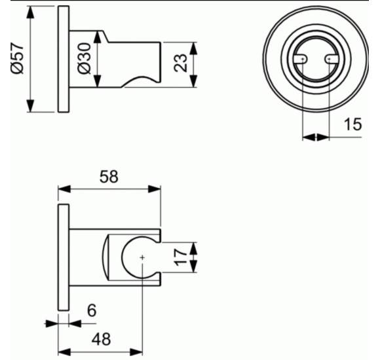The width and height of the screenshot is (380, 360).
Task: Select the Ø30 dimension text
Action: (84, 61)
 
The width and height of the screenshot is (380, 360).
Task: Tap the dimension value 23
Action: (181, 63)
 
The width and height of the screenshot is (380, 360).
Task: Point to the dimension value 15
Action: (352, 124)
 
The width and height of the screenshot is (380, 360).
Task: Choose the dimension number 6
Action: (92, 310)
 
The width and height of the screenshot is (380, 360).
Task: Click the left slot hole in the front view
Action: (301, 60)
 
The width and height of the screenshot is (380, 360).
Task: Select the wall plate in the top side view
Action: (63, 61)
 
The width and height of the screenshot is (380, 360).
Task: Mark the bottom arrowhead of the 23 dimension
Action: (195, 83)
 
